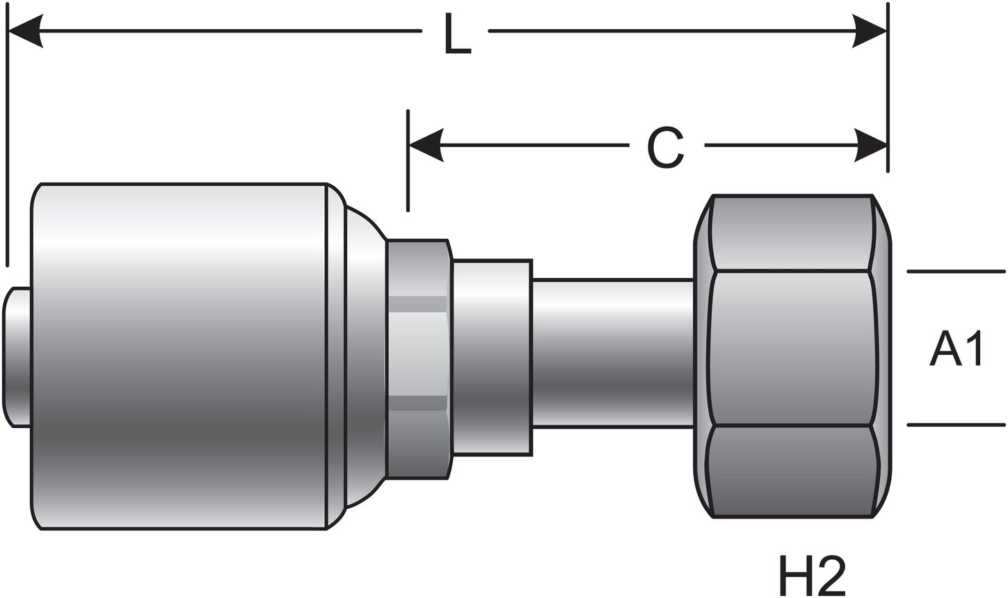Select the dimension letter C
pos(666,147)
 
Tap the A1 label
pos(956,349)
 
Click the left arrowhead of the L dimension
pos(25,31)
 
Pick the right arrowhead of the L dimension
pos(870,31)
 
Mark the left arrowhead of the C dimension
pos(426,145)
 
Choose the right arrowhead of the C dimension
pos(870,145)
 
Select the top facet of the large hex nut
pos(792,233)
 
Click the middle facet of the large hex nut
pos(792,348)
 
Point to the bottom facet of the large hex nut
pos(792,471)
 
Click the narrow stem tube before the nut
pos(612,352)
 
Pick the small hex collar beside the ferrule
pos(417,359)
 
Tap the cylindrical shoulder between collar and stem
pos(492,358)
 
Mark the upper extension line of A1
pos(956,271)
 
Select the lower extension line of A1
pos(956,425)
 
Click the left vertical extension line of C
pos(408,174)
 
